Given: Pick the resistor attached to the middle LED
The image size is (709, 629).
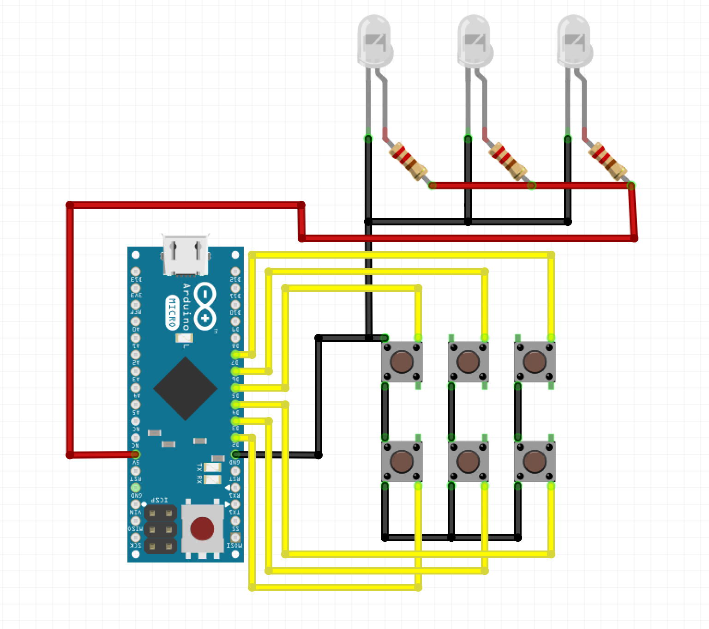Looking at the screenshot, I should point(508,161).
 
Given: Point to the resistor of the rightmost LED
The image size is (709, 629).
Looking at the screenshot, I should point(608,161).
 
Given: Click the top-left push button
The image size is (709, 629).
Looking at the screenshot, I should point(402,362).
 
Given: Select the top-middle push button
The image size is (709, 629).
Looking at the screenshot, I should point(468,362).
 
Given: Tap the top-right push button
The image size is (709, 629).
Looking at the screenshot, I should point(535,362).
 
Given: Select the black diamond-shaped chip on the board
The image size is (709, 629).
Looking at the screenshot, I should point(185,389).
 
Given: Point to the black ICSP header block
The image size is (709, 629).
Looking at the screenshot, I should point(160,529).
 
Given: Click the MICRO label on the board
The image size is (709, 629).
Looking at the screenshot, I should point(172,313).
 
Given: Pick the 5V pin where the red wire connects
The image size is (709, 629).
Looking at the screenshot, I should point(136,455).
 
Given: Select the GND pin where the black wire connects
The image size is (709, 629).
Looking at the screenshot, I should point(235,455).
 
